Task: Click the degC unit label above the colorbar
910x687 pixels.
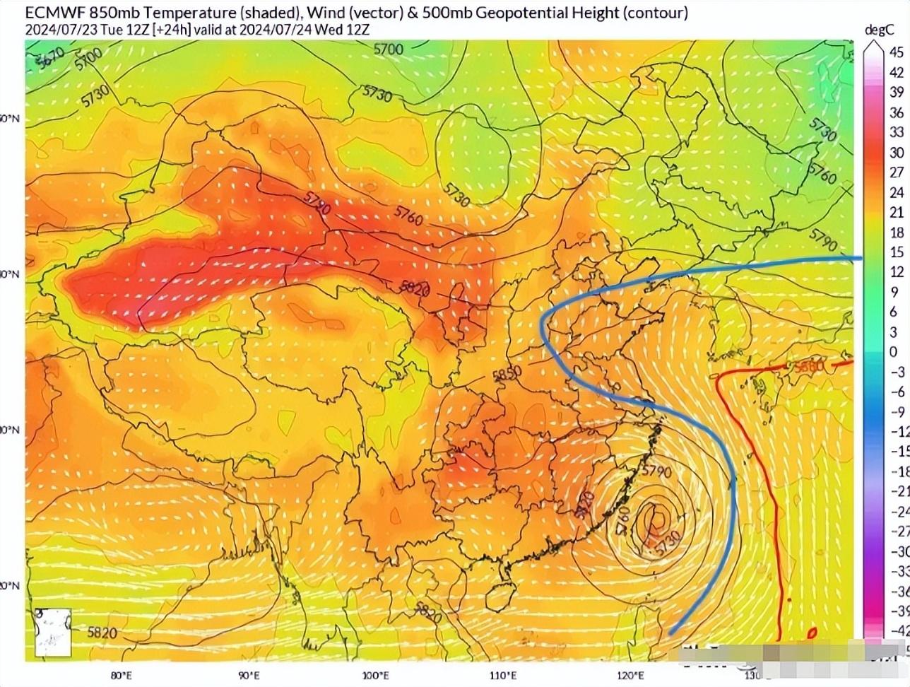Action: pyautogui.click(x=880, y=29)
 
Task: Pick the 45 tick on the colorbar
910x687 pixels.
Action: pyautogui.click(x=896, y=52)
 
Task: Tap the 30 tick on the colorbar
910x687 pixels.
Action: pyautogui.click(x=896, y=152)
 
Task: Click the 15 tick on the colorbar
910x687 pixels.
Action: pyautogui.click(x=896, y=252)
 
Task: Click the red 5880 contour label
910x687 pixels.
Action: pyautogui.click(x=808, y=367)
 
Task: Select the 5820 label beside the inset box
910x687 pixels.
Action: pyautogui.click(x=102, y=633)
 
